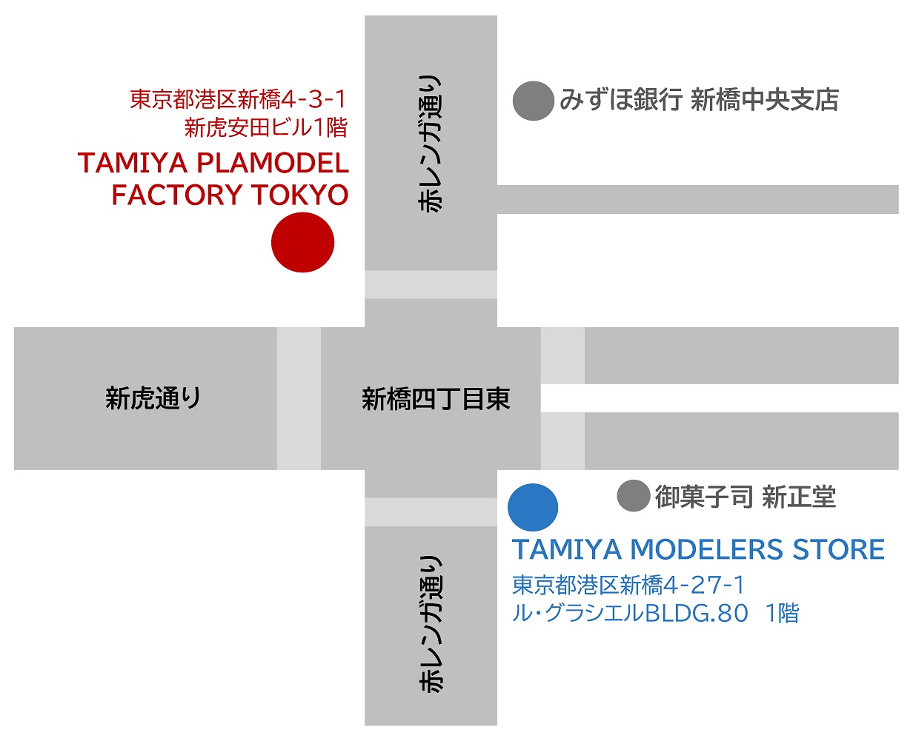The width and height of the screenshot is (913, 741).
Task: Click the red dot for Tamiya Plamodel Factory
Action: pyautogui.click(x=302, y=242)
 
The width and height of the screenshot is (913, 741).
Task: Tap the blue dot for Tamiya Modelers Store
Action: pyautogui.click(x=533, y=507)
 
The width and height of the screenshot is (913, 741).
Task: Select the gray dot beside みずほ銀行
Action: pyautogui.click(x=534, y=101)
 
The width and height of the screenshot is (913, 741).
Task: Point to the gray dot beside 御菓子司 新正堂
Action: pyautogui.click(x=634, y=496)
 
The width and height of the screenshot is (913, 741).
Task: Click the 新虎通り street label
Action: pyautogui.click(x=153, y=398)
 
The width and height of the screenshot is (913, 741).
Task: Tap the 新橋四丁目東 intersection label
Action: pyautogui.click(x=436, y=399)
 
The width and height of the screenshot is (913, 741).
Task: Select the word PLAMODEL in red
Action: pyautogui.click(x=273, y=163)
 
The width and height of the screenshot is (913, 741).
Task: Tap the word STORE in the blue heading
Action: pyautogui.click(x=838, y=549)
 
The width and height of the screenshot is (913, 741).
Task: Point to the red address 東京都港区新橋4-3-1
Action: pyautogui.click(x=238, y=99)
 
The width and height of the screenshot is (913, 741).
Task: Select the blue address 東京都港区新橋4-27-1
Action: pyautogui.click(x=628, y=585)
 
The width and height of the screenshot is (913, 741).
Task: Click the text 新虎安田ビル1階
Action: pyautogui.click(x=266, y=127)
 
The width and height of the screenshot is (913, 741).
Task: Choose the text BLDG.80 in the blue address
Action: pyautogui.click(x=697, y=614)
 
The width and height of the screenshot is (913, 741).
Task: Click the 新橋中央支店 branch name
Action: pyautogui.click(x=765, y=99)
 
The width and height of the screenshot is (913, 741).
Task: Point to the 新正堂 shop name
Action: pyautogui.click(x=800, y=497)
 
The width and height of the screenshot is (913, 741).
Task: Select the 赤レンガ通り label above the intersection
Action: pyautogui.click(x=430, y=144)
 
